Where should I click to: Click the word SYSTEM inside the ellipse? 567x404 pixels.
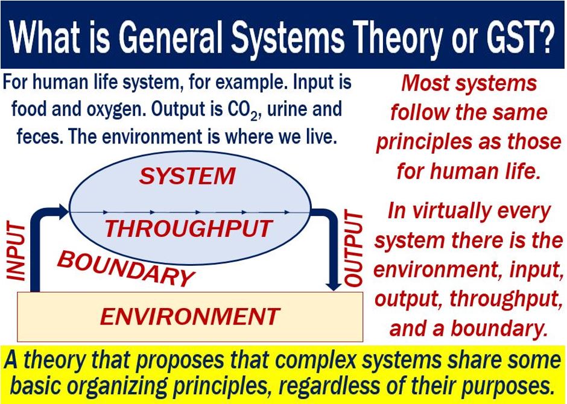coord(188,176)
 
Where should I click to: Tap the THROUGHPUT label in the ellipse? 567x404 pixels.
coord(189,229)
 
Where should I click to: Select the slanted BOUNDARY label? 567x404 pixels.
coord(126,268)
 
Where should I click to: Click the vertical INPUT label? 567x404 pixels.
coord(16,252)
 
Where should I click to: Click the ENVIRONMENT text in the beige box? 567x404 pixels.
coord(190,317)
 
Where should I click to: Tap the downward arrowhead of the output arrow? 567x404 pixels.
coord(334,285)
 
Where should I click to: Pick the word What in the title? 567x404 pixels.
coord(45,37)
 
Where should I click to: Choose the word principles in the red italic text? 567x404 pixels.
coord(424,142)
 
